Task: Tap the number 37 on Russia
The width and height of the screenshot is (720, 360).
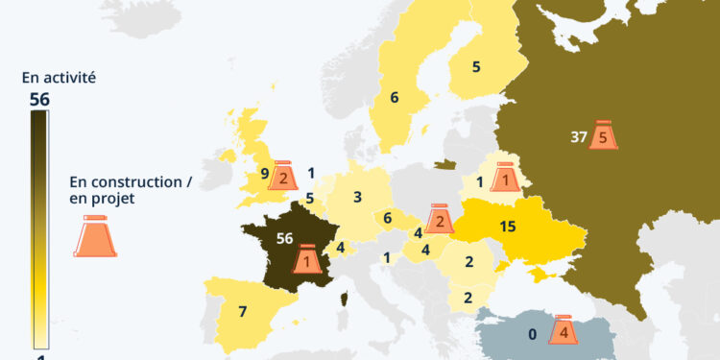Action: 578,137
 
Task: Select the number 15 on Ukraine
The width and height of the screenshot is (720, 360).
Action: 509,228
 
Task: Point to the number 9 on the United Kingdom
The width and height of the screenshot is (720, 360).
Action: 264,174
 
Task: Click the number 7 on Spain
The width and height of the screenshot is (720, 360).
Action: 243,312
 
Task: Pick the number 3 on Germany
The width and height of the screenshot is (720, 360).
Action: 357,198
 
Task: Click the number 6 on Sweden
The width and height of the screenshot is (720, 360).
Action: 394,97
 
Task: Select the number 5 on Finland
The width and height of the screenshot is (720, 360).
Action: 476,66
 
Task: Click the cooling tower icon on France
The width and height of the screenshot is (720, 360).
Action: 307,257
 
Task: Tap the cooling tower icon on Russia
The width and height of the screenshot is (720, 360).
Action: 603,135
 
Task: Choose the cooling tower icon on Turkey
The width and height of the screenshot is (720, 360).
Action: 564,331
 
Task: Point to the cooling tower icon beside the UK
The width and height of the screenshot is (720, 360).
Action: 283,176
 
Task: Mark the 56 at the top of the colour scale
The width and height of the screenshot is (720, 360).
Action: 39,99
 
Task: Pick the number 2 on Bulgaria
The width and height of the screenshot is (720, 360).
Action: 468,297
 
